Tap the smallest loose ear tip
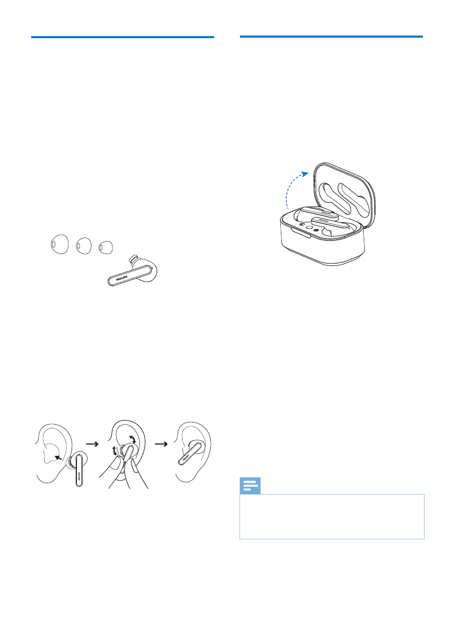(x=105, y=248)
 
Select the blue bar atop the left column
(x=123, y=37)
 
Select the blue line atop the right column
(x=331, y=37)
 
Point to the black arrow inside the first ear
(x=57, y=457)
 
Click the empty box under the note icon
(x=331, y=517)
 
